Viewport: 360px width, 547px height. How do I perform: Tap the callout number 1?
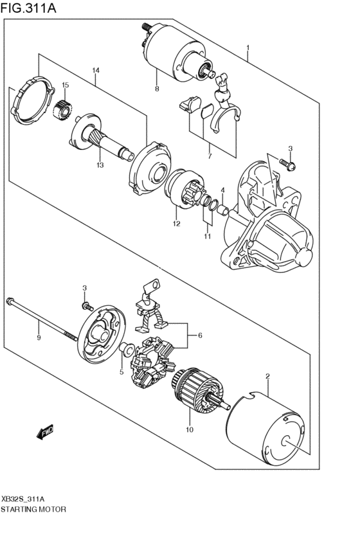coord(248,48)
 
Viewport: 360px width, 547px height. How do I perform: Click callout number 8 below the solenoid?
coord(156,88)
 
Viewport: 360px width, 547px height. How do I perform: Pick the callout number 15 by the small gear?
coord(65,85)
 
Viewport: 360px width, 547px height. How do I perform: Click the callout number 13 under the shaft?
coord(100,165)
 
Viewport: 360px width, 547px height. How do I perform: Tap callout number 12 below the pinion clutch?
coord(175,224)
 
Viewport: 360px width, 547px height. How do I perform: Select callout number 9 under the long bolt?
coord(39,337)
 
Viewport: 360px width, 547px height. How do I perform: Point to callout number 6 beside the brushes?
coord(200,335)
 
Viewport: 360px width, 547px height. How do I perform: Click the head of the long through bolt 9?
coord(11,301)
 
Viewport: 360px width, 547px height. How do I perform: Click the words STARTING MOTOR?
coord(33,508)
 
